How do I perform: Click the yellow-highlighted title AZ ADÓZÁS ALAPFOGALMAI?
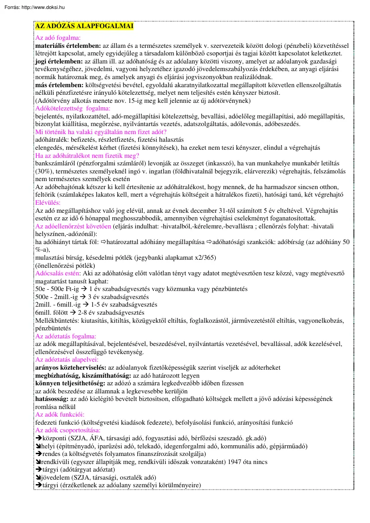click(x=84, y=26)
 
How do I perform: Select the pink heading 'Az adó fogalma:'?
click(x=58, y=38)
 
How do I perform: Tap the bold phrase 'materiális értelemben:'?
click(x=68, y=46)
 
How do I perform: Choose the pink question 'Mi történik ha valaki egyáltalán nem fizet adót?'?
click(x=101, y=132)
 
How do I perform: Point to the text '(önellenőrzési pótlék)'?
click(x=65, y=265)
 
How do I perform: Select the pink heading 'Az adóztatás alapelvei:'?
click(x=67, y=359)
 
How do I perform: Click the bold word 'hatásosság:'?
click(x=52, y=399)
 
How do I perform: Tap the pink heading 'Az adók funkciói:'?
click(x=60, y=414)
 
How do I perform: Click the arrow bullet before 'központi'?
click(x=38, y=439)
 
